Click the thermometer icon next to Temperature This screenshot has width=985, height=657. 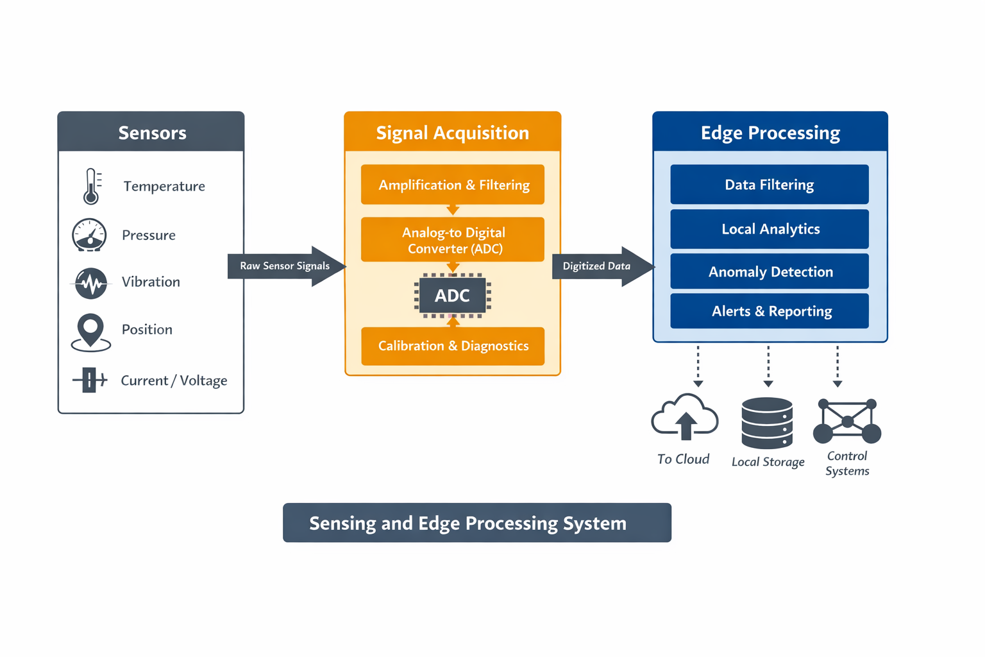92,186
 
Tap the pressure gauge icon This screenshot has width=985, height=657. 89,235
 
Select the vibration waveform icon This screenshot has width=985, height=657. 90,282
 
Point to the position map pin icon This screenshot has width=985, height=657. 90,331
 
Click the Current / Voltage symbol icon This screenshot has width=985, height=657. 90,380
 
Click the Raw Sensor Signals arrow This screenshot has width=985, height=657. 286,266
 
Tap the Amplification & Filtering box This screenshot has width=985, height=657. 453,185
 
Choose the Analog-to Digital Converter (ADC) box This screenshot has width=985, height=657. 453,240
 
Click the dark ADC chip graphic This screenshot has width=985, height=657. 453,296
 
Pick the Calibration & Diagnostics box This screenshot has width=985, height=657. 453,346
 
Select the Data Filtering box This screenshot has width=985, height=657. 769,185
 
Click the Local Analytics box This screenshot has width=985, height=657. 769,229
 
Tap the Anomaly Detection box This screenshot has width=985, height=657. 769,271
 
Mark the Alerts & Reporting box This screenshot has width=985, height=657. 769,311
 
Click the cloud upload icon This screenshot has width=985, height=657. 685,418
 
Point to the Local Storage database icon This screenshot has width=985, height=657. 767,423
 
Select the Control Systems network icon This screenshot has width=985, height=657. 847,422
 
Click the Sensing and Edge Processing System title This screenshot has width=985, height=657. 477,523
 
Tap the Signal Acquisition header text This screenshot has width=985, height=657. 453,133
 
